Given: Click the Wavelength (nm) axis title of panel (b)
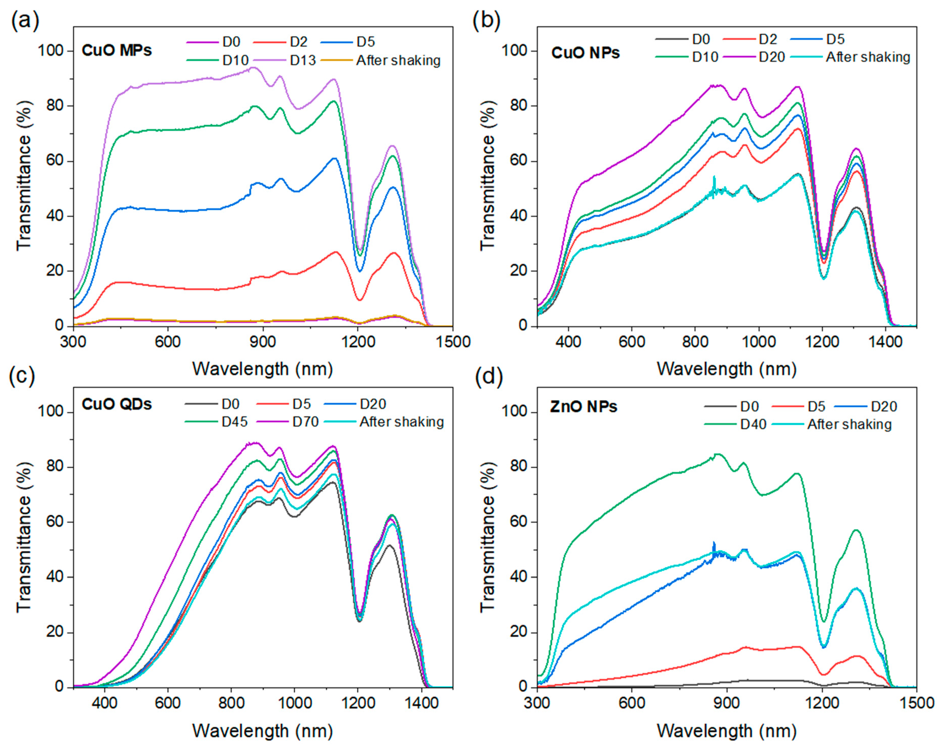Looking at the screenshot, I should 727,369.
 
